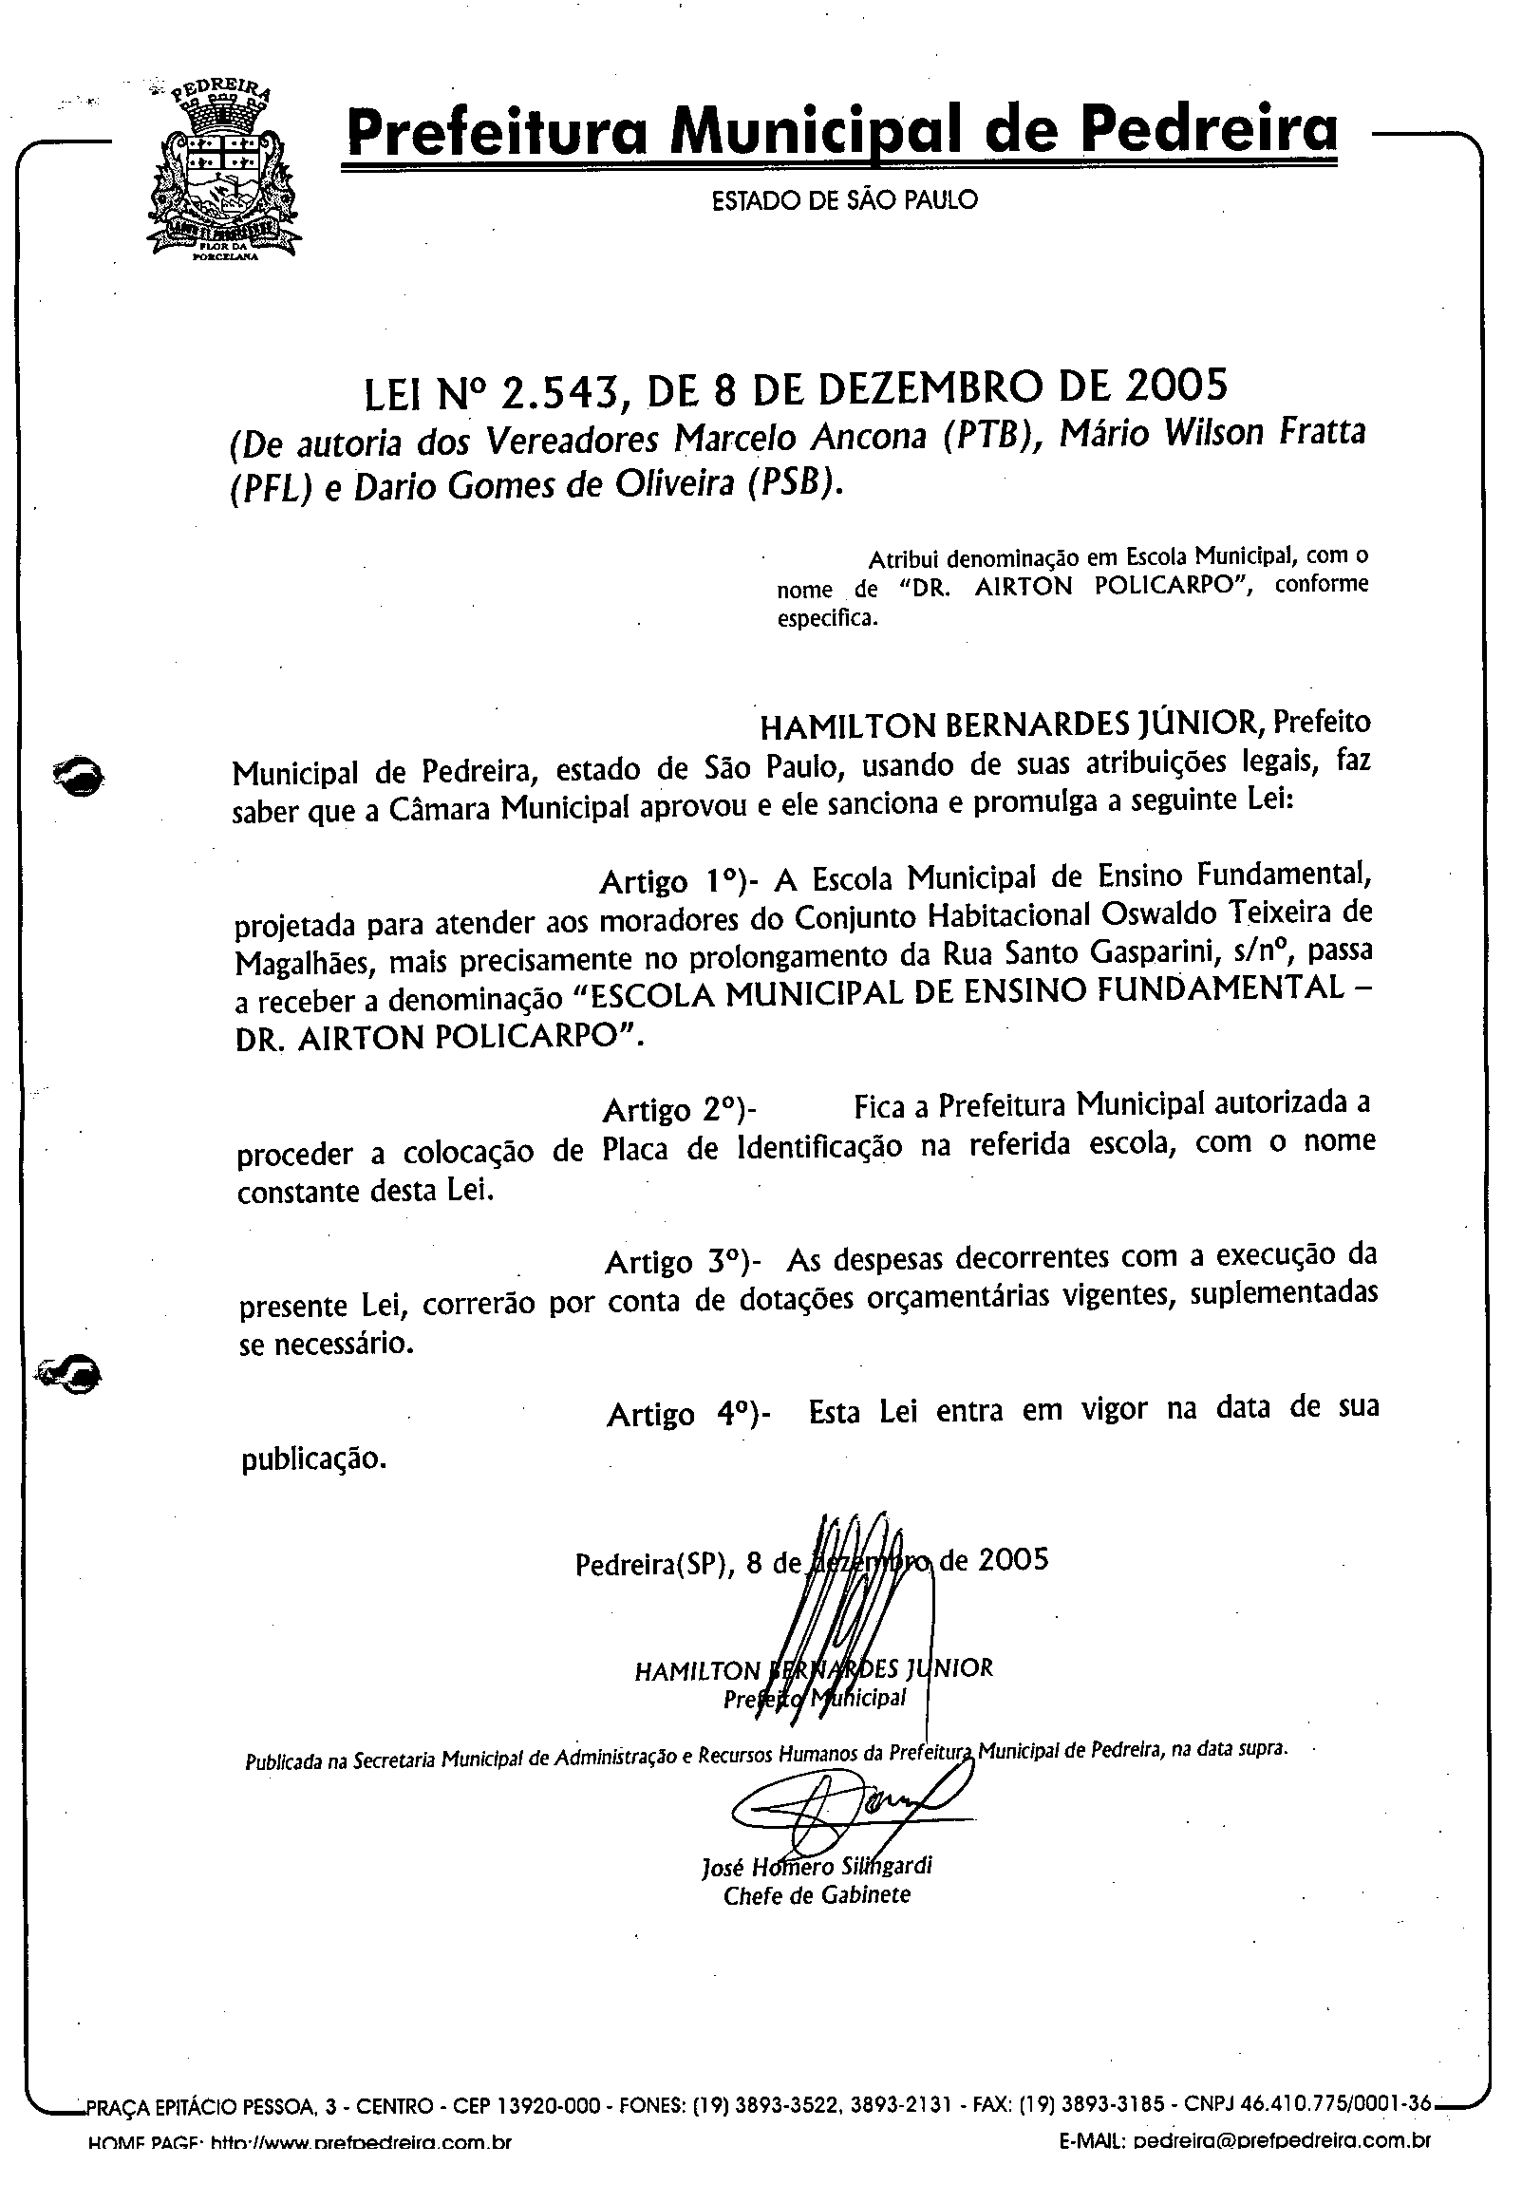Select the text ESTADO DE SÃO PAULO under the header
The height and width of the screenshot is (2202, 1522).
[844, 200]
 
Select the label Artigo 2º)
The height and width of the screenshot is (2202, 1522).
[680, 1110]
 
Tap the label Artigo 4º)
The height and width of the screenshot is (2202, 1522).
[687, 1412]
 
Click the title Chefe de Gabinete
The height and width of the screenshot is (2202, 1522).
[817, 1895]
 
